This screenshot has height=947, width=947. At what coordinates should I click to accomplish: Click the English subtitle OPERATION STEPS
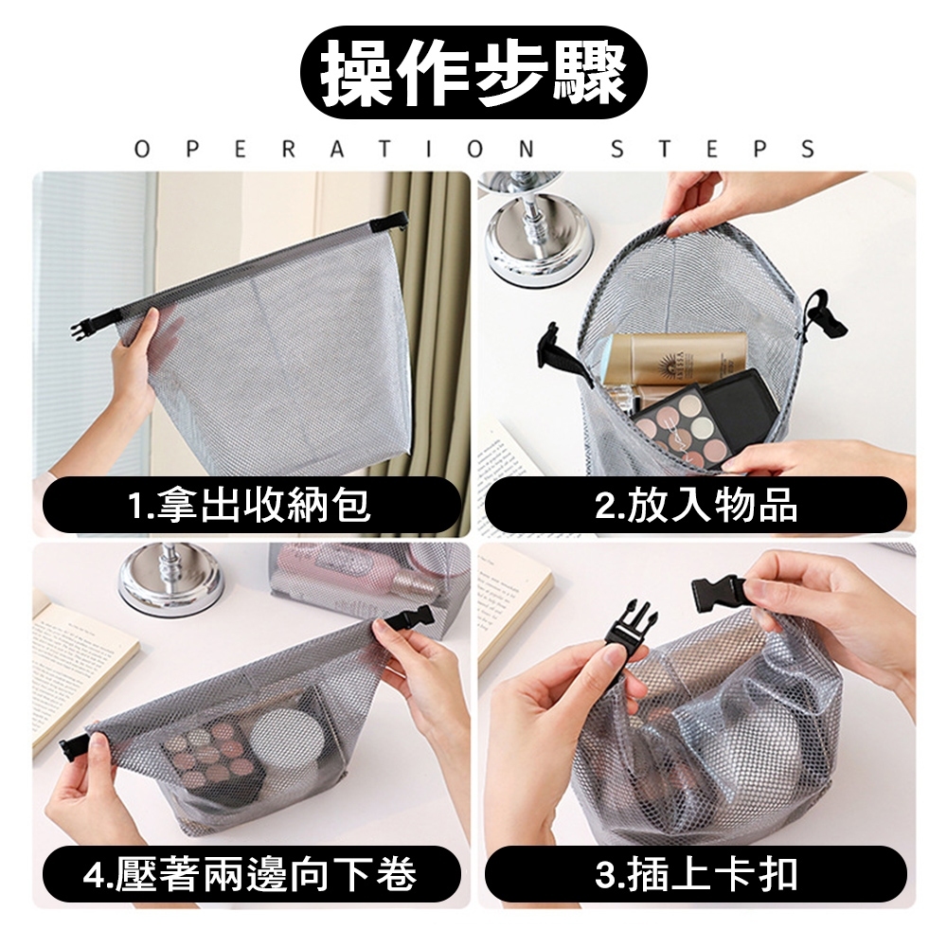474,149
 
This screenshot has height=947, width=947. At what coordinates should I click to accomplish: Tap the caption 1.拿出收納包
249,505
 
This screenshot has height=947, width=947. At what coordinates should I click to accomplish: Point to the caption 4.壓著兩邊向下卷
250,874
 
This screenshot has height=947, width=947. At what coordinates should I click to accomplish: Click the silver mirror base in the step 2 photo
527,241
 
